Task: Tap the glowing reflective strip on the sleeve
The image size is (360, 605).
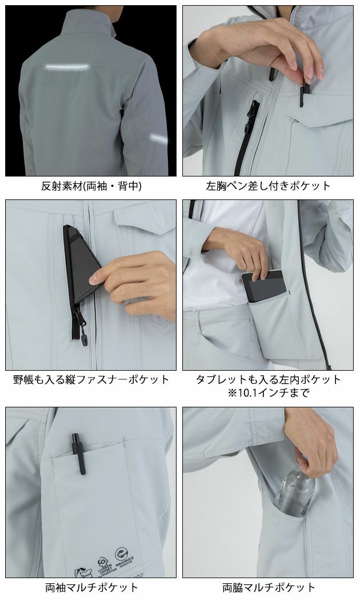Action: pos(159,138)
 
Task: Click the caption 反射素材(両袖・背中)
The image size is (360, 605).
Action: pos(91,186)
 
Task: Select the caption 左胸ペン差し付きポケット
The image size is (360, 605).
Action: pos(268,186)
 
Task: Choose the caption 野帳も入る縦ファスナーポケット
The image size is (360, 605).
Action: pos(91,379)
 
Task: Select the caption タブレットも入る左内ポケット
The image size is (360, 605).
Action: pos(268,379)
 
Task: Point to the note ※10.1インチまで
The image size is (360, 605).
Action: pos(268,392)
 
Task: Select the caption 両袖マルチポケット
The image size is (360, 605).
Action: pos(91,587)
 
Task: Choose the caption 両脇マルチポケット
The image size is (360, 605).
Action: pos(268,587)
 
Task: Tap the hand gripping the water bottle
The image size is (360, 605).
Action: pos(311,440)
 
